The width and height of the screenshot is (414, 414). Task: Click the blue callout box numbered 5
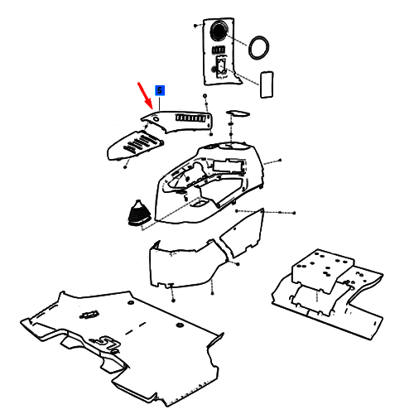[160, 90]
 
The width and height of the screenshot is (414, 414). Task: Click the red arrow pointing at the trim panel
[145, 96]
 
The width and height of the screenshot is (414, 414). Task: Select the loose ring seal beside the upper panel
[258, 47]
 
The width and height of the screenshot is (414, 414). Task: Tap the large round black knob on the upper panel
[219, 31]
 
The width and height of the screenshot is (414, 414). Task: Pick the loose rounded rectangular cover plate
[267, 84]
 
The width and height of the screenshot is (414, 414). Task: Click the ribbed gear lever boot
[139, 214]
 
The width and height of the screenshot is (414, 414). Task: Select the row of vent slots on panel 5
[190, 118]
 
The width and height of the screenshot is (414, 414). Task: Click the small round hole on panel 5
[156, 119]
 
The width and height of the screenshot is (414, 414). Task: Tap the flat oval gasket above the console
[238, 113]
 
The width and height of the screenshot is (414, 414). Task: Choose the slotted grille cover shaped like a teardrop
[134, 146]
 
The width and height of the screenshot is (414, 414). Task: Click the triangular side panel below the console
[243, 233]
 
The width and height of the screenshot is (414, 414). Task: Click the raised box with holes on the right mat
[322, 270]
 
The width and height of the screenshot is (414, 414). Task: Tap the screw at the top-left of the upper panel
[195, 26]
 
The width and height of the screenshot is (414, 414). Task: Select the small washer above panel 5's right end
[205, 96]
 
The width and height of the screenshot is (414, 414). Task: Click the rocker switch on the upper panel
[221, 66]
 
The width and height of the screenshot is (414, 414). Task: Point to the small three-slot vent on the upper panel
[219, 50]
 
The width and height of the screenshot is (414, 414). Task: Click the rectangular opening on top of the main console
[229, 166]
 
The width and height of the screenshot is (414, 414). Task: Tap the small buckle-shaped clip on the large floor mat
[89, 315]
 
